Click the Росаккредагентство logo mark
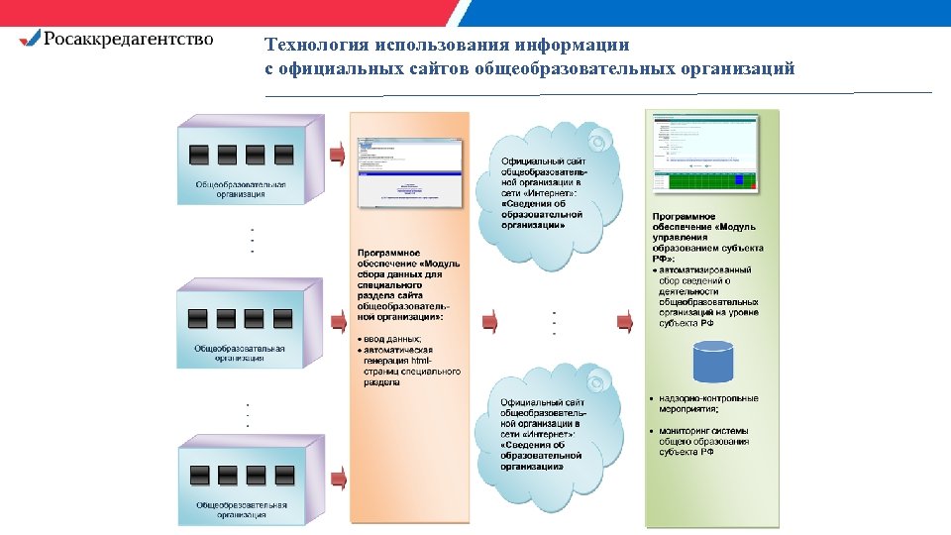pos(31,39)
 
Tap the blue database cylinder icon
pos(712,362)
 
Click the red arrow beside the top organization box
pos(338,154)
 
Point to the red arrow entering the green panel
pos(625,321)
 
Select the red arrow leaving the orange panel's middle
pos(489,321)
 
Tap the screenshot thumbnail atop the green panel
pos(704,153)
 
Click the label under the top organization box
pos(241,189)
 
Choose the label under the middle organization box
pos(240,354)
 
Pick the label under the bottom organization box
pos(241,510)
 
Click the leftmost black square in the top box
pos(199,155)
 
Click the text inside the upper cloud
pos(543,192)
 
